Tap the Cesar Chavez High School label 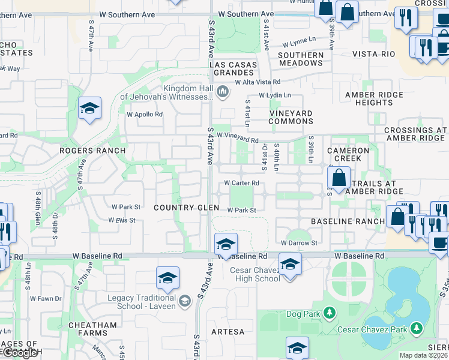255,274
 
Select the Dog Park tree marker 329,313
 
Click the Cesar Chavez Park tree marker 415,328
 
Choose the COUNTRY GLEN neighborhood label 184,208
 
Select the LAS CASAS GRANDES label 233,68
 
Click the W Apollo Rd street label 145,114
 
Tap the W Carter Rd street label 241,182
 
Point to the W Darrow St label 299,243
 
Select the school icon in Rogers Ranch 89,108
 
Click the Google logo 20,353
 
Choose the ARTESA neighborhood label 228,332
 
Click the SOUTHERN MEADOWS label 301,59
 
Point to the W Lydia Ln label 274,95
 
